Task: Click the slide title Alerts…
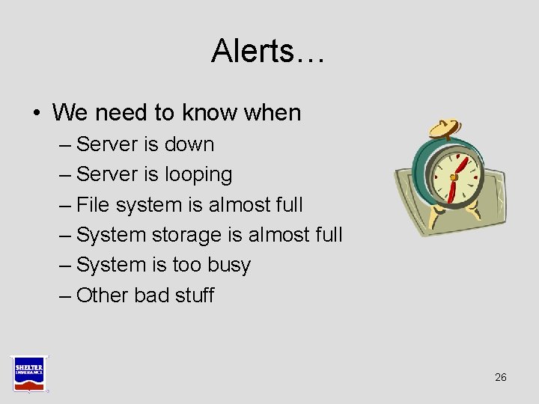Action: tap(268, 51)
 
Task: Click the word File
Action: tap(94, 204)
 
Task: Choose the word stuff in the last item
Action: tap(194, 296)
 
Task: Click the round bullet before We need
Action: tap(37, 114)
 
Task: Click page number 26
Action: tap(501, 377)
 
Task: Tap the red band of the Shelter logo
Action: tap(28, 383)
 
